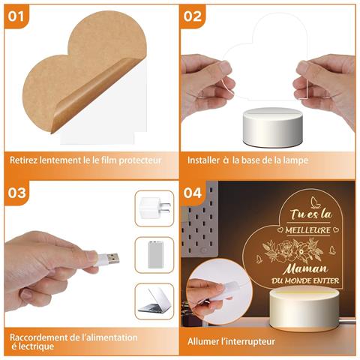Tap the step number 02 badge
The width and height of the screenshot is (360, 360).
193,16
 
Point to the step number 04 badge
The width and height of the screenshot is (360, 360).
193,193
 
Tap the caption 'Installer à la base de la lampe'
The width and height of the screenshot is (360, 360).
248,160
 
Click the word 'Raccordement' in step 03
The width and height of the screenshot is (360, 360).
37,337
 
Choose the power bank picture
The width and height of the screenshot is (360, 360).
154,254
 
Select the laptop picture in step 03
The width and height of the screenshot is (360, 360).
154,301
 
